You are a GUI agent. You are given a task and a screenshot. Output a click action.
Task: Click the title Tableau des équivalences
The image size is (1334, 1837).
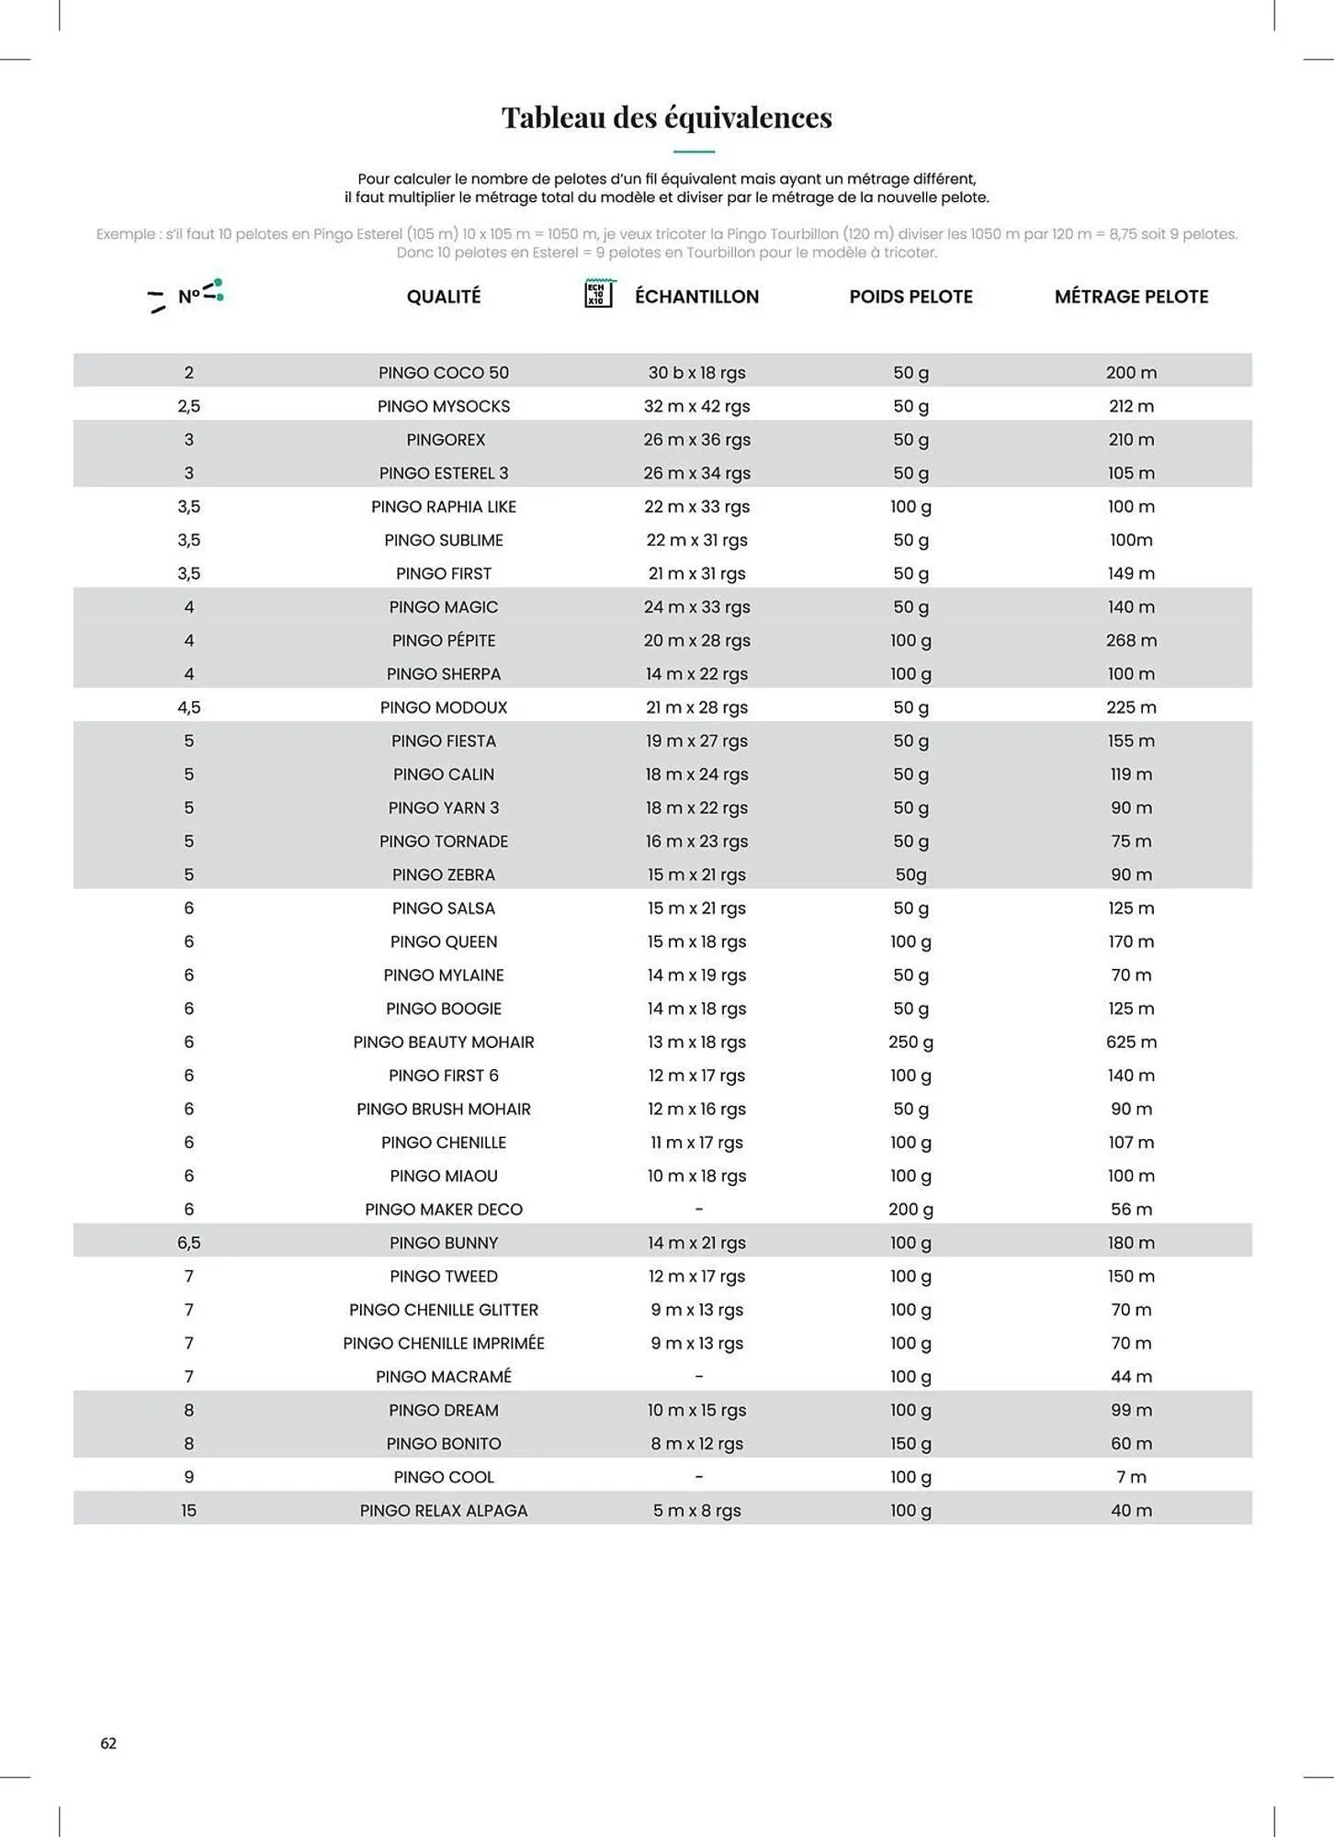666,118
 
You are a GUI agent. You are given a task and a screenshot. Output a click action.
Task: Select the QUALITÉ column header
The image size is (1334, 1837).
444,297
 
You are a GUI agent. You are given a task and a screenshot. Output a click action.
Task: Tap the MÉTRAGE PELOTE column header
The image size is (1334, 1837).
1131,297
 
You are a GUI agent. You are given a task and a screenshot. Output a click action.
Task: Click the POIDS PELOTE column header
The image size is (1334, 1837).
910,297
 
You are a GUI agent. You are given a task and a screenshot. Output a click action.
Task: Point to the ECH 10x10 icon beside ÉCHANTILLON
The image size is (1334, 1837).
598,294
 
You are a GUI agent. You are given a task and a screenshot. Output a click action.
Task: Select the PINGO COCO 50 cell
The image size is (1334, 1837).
444,373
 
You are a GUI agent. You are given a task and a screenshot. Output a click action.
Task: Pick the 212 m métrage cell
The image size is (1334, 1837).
1131,406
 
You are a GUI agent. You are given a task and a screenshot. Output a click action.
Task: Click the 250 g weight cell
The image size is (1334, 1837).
910,1042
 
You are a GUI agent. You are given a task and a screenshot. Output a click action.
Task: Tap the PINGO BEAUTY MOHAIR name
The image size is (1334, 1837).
444,1042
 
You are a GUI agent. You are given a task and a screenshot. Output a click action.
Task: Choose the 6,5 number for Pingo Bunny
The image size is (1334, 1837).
189,1243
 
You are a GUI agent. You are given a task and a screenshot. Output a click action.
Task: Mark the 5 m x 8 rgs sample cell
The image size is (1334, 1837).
696,1511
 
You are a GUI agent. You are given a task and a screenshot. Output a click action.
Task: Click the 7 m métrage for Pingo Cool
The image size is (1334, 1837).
1131,1477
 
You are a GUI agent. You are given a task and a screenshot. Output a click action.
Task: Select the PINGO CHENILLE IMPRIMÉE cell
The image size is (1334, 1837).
444,1344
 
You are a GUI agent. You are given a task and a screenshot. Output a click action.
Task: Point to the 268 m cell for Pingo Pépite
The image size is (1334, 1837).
1131,641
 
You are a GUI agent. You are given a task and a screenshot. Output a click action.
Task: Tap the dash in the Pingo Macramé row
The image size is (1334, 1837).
698,1377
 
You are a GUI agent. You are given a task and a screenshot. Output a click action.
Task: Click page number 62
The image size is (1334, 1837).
108,1743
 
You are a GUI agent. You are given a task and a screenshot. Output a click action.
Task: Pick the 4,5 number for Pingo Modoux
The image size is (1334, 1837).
189,707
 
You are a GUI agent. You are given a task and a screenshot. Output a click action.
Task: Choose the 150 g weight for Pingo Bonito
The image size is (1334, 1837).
910,1444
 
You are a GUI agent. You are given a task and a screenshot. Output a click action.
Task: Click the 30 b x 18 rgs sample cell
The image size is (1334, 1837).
696,373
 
